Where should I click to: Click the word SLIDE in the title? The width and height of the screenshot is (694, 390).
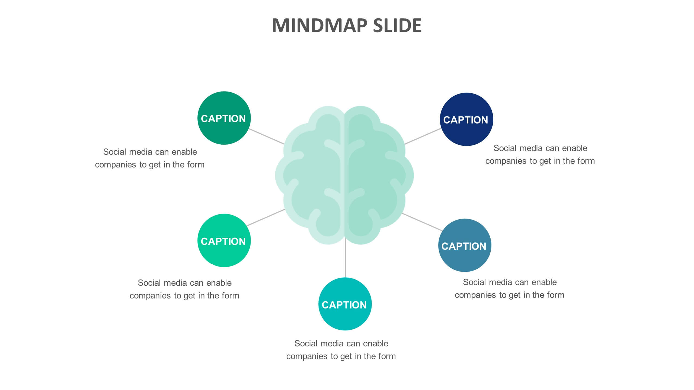[397, 26]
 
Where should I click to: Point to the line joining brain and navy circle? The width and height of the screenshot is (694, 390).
[423, 136]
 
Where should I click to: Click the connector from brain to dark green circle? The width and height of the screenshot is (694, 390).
[266, 136]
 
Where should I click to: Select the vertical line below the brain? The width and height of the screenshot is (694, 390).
[345, 260]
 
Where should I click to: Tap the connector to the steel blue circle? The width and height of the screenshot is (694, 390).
[422, 222]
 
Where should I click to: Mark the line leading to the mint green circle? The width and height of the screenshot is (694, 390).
[266, 217]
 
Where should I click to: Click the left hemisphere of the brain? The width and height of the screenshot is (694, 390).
[312, 176]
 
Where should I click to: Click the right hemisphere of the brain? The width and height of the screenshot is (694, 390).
[377, 176]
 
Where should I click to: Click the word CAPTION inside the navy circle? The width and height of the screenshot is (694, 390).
[465, 120]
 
